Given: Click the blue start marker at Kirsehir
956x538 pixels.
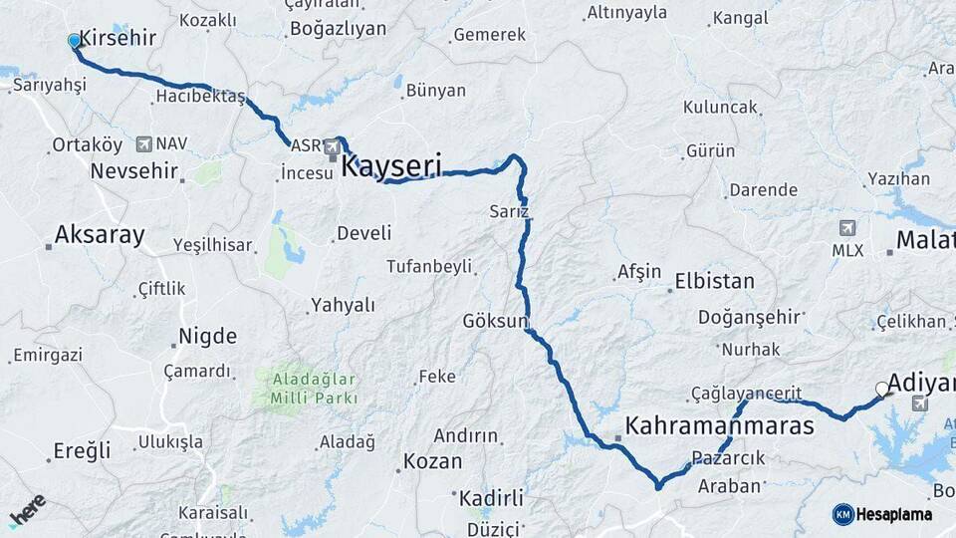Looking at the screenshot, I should [x=74, y=41].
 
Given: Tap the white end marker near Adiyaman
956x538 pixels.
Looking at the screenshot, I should [x=882, y=389].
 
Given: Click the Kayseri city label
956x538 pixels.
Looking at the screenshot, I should [x=390, y=166].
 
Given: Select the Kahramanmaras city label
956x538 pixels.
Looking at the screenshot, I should [x=719, y=426].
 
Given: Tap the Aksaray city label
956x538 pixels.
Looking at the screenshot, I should [x=100, y=236].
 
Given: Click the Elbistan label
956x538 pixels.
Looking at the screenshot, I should [x=714, y=281].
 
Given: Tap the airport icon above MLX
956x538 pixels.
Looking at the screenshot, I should [x=847, y=227].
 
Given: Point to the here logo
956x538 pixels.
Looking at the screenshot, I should [x=27, y=510].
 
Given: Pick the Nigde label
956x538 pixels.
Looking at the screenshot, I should [x=207, y=335].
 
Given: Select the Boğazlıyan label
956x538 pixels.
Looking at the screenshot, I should [x=336, y=29].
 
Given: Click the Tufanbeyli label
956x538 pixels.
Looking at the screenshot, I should [x=429, y=266].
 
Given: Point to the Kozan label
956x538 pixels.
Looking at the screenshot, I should [x=431, y=461].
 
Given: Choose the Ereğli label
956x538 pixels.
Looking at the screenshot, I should [x=81, y=450].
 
